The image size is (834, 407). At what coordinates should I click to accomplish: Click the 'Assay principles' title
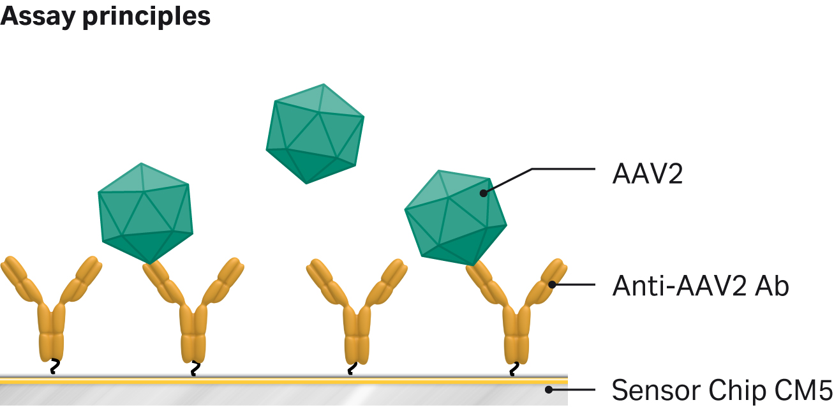105,17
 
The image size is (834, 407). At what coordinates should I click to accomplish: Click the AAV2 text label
647,174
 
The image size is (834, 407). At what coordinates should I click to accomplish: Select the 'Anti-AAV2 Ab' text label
701,286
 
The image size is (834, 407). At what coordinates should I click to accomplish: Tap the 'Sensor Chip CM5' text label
722,389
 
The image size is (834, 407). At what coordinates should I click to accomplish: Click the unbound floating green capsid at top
315,134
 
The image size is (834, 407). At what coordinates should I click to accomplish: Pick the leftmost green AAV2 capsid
145,213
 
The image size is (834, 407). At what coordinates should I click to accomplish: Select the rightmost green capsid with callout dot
455,218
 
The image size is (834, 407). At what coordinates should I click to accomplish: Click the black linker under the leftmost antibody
55,366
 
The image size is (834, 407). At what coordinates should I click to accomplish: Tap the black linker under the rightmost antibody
514,367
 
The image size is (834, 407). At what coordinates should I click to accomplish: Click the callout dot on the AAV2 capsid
483,193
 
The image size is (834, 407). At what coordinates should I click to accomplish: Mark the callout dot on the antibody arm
552,285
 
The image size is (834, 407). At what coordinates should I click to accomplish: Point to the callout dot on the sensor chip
549,389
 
